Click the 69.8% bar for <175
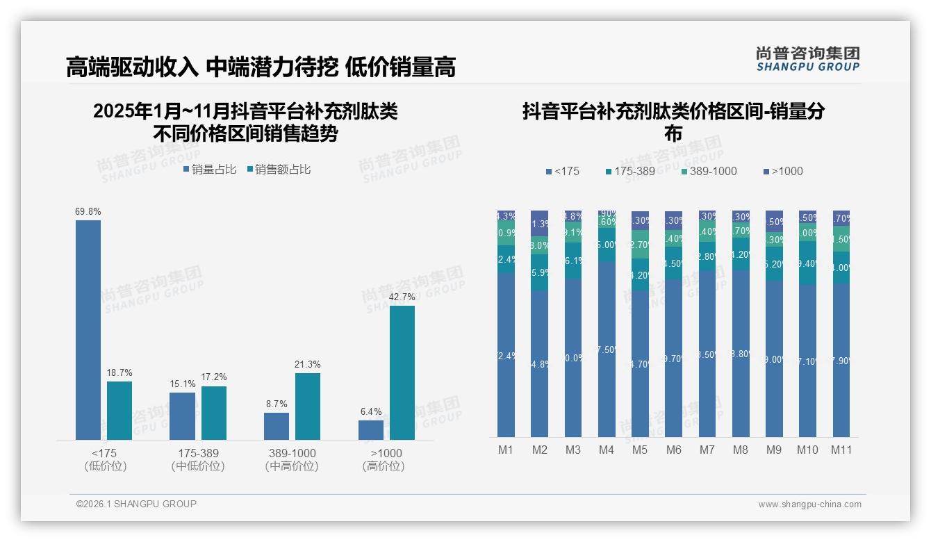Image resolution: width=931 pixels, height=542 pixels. click(88, 329)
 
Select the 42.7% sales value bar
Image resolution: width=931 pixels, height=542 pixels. click(402, 372)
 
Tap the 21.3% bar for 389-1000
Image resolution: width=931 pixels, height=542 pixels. click(308, 406)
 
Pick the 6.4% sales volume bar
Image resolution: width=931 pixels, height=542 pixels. click(371, 429)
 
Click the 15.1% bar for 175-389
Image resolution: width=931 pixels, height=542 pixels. click(182, 416)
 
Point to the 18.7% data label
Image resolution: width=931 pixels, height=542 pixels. click(120, 373)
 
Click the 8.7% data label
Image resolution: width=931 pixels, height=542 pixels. click(276, 404)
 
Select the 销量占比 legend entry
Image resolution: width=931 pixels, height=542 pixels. click(210, 169)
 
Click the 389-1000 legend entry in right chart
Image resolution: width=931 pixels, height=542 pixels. click(708, 171)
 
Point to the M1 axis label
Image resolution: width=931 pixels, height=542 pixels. click(506, 450)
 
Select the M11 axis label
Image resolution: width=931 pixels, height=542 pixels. click(841, 450)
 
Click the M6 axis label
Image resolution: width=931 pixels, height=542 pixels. click(673, 450)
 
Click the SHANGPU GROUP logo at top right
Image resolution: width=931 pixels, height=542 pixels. click(808, 59)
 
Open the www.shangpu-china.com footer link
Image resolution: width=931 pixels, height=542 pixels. click(809, 504)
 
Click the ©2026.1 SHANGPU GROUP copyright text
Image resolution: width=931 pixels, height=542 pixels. click(136, 504)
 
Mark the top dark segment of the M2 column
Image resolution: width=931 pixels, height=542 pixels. click(540, 223)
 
